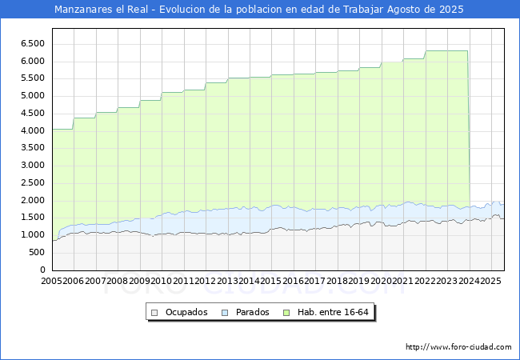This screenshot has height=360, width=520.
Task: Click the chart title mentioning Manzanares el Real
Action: [259, 10]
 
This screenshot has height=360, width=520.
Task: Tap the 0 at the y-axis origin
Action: [46, 270]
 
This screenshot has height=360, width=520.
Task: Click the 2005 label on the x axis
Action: [52, 281]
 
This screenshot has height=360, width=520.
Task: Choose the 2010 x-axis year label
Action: [161, 281]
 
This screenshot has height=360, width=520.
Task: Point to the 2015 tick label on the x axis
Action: [271, 281]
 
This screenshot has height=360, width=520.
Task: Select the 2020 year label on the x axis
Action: [381, 281]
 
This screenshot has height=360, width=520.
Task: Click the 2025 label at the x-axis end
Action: [490, 281]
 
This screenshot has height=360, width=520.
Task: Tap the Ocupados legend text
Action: [186, 312]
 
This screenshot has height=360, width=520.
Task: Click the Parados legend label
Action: [253, 312]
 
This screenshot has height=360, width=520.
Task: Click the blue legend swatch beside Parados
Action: [225, 312]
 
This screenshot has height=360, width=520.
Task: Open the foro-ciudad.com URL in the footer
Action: [458, 347]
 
